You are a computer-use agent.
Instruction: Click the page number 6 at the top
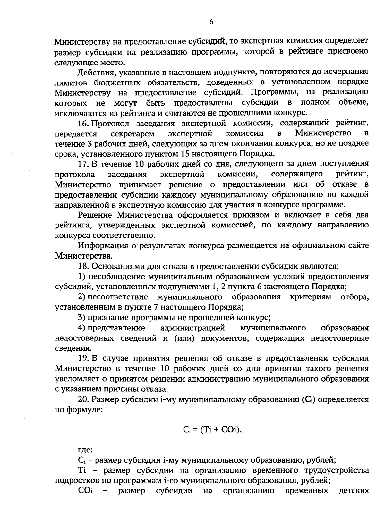pos(211,22)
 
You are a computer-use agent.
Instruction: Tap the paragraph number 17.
pos(84,164)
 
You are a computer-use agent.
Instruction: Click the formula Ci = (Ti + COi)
pos(212,430)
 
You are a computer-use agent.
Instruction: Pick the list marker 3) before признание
pos(82,318)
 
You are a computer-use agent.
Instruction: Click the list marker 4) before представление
pos(82,328)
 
